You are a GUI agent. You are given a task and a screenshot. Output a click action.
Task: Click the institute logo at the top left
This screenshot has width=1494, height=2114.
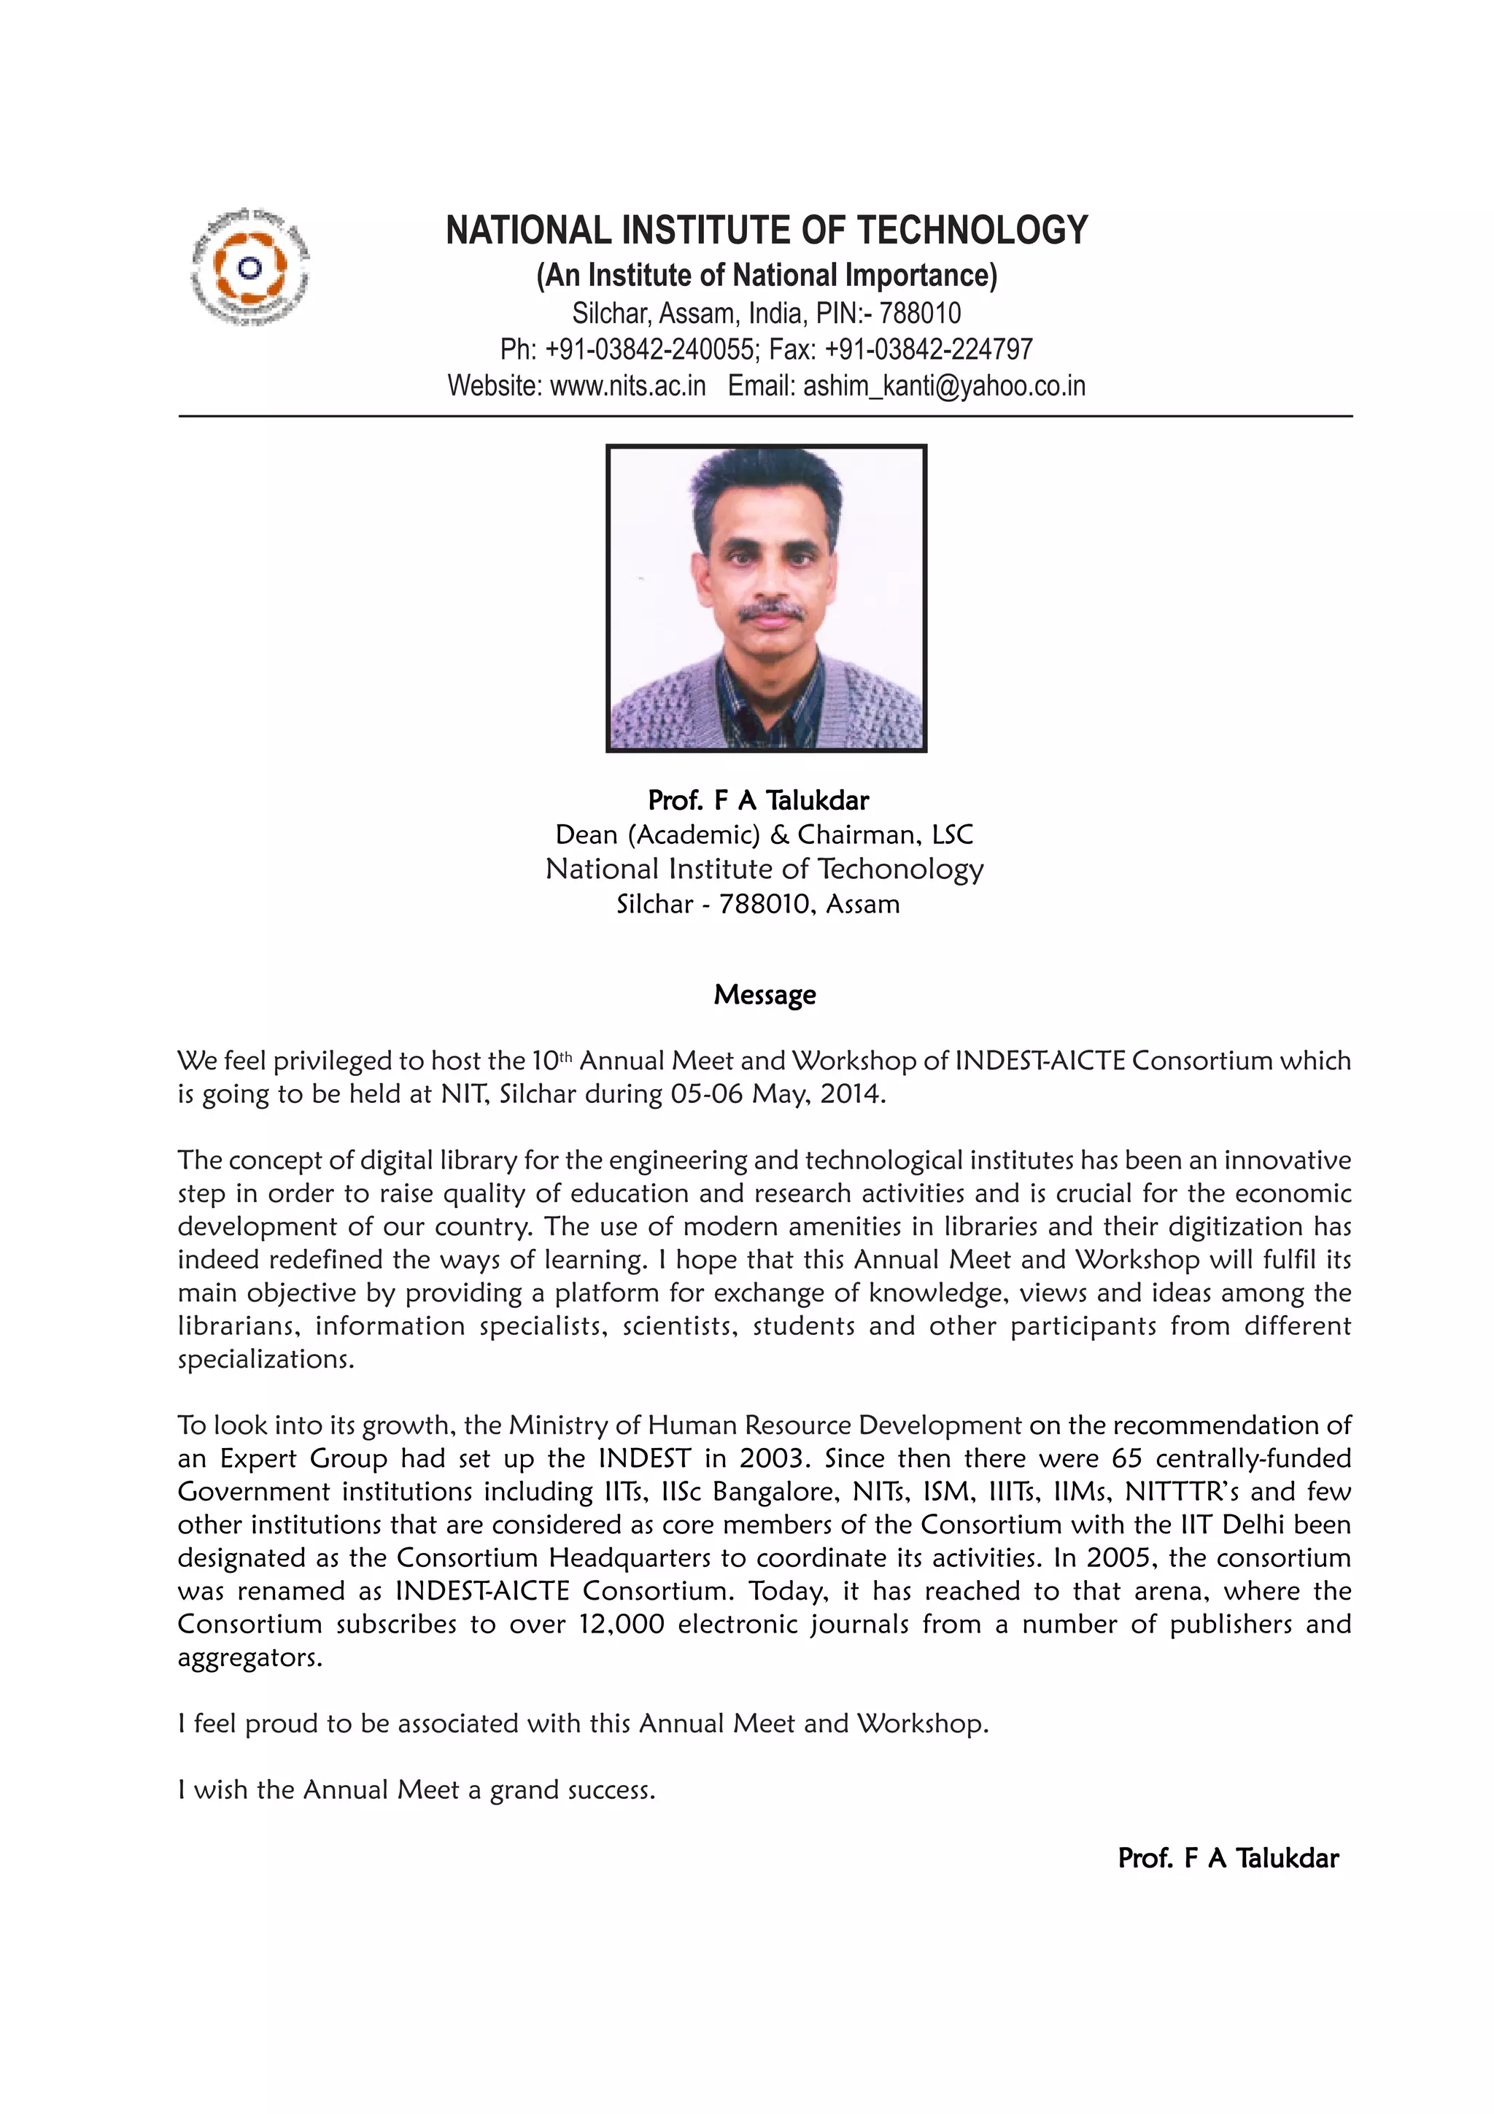point(249,268)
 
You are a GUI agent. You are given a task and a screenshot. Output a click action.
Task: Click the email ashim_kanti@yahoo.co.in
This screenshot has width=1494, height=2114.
point(943,385)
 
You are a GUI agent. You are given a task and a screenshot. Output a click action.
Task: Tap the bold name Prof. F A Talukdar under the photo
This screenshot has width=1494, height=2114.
point(758,799)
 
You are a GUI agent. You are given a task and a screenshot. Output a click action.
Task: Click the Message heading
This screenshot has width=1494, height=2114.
point(764,994)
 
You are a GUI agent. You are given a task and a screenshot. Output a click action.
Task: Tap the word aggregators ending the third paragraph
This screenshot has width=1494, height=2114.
point(249,1657)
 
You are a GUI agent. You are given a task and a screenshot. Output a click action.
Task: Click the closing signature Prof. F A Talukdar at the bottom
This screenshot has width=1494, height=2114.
point(1227,1857)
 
